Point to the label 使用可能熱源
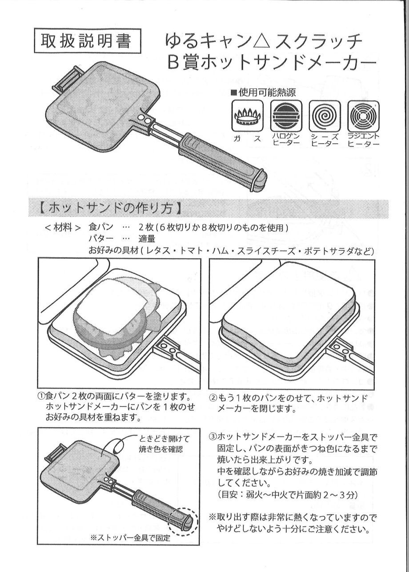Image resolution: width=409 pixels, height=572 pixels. (x=263, y=92)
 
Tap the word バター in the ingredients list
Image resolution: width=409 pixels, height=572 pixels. (x=101, y=239)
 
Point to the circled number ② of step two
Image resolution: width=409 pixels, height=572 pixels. (x=213, y=397)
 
